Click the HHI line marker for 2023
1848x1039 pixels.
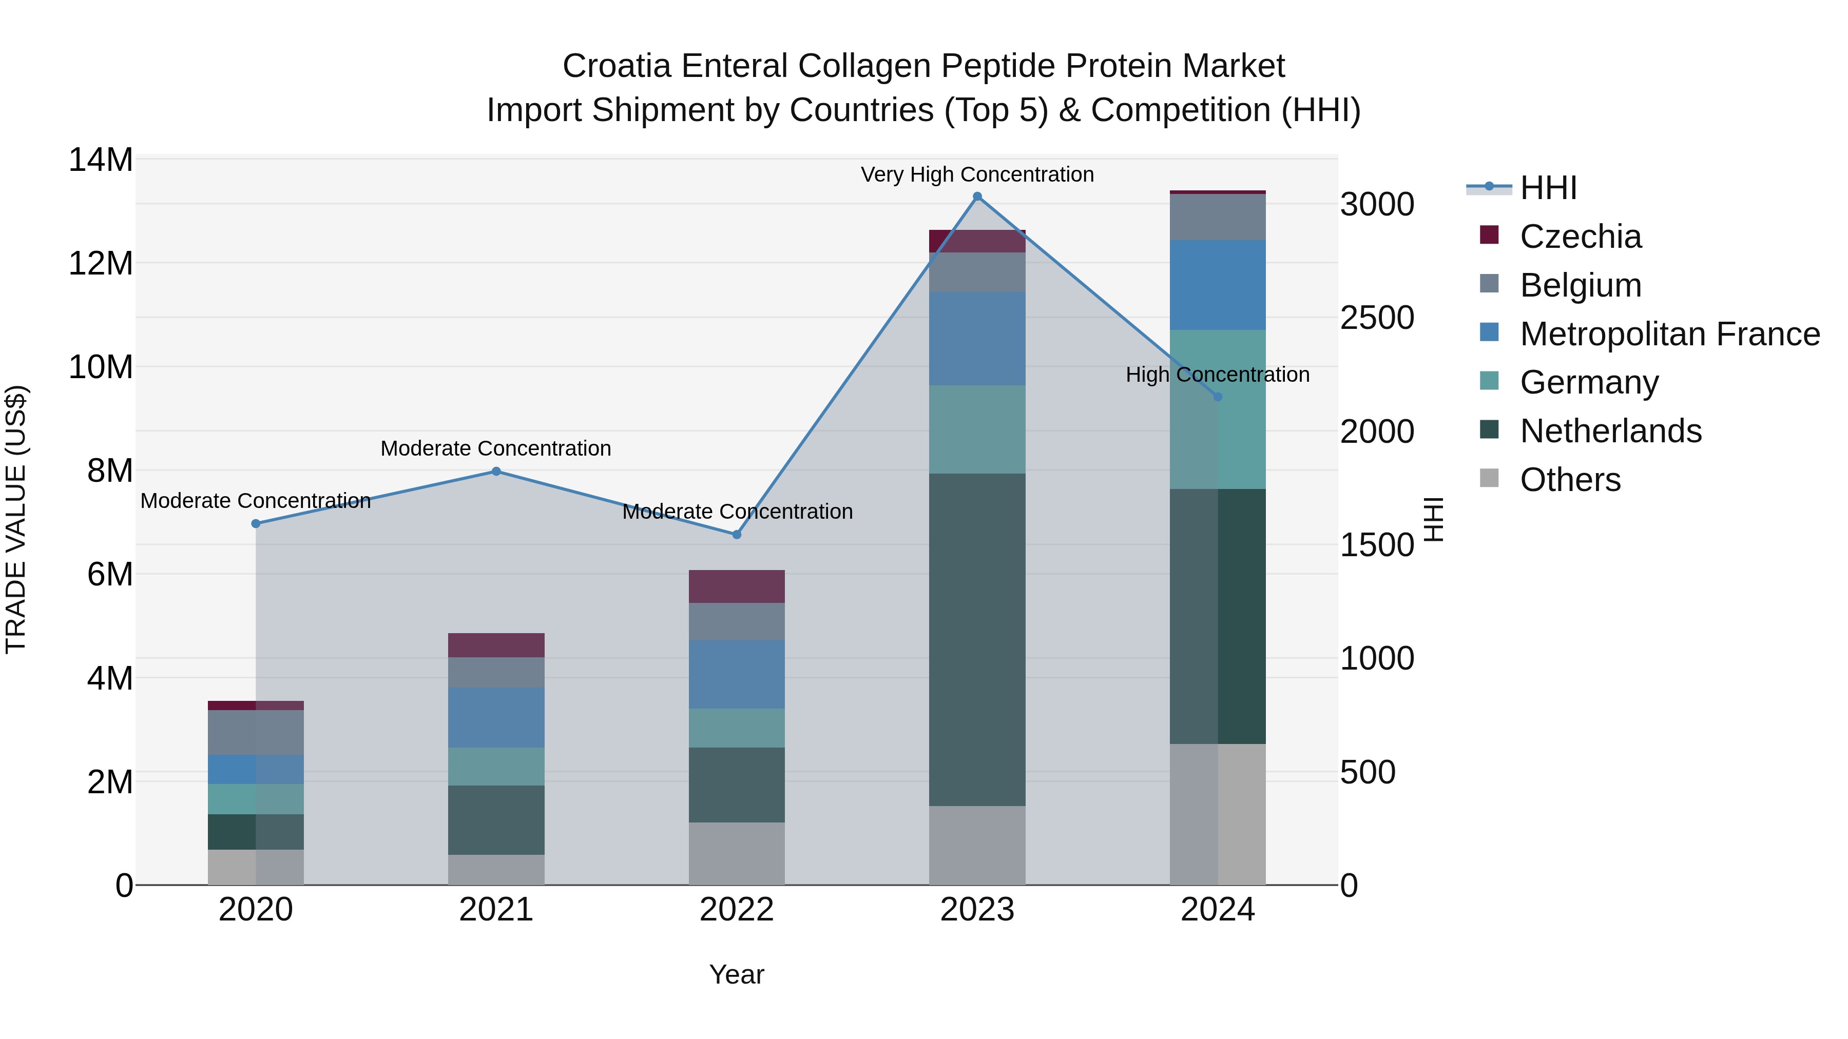977,197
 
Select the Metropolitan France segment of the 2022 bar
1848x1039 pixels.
736,674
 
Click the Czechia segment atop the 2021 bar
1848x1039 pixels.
496,645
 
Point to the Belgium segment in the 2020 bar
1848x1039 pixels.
256,732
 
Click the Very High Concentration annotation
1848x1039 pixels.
977,174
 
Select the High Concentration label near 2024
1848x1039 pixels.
1218,375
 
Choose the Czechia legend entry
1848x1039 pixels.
1581,237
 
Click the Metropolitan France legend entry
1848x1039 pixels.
1669,334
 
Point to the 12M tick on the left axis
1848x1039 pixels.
101,263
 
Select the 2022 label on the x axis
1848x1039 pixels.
736,910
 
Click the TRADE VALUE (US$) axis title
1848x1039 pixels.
16,519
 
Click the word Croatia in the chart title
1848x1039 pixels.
617,66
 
